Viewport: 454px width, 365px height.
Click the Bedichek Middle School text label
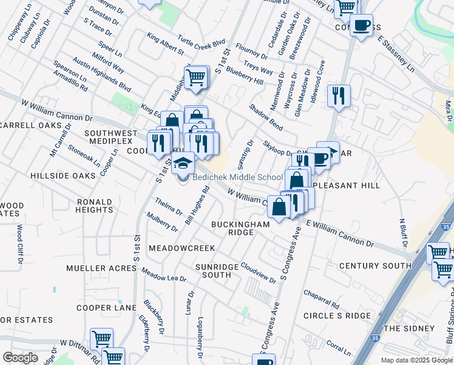[238, 177]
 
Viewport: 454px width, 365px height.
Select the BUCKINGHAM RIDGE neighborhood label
[240, 228]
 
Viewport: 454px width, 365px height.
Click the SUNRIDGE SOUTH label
[213, 271]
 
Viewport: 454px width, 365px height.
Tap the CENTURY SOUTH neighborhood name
[375, 266]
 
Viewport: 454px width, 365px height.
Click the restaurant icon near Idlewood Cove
[339, 96]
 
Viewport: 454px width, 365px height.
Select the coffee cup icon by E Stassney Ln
[362, 26]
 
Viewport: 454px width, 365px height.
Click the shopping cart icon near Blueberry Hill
[196, 78]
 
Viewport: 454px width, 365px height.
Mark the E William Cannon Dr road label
[340, 234]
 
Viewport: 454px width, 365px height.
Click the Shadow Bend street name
[265, 116]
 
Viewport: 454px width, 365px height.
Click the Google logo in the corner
[20, 357]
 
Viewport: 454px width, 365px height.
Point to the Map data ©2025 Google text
[416, 360]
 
